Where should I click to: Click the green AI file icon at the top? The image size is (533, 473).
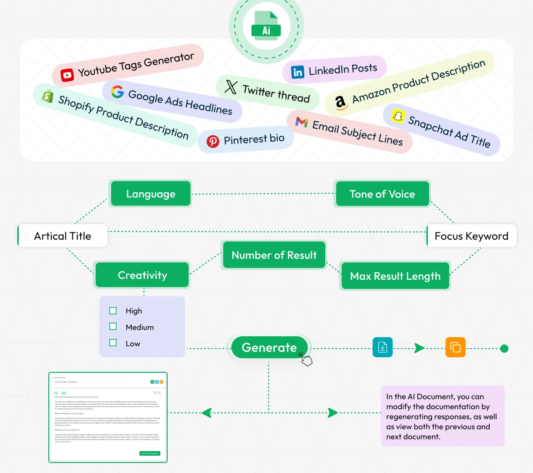coord(266,26)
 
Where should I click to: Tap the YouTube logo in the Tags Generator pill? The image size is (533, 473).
coord(67,75)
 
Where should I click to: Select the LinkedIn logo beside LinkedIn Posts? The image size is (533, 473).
coord(297,72)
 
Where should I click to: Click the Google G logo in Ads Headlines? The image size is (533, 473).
coord(118,92)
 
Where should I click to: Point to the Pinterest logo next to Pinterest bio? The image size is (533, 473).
coord(213,141)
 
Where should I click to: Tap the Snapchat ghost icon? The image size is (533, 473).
coord(398,116)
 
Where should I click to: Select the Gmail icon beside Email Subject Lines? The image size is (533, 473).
coord(302,122)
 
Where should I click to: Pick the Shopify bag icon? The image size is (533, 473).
coord(48,96)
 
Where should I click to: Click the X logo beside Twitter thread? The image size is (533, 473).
coord(231,87)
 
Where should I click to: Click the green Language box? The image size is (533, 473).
coord(150,194)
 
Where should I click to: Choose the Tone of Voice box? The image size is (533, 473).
coord(382,194)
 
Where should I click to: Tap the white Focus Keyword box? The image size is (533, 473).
coord(471,236)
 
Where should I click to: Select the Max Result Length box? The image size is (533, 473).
coord(395,276)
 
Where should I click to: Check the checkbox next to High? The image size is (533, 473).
coord(113,311)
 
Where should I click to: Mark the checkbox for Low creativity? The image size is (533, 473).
coord(113,343)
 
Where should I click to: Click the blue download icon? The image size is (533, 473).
coord(383,348)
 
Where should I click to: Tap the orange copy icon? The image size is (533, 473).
coord(455,348)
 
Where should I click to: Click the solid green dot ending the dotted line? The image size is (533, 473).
coord(504,349)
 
